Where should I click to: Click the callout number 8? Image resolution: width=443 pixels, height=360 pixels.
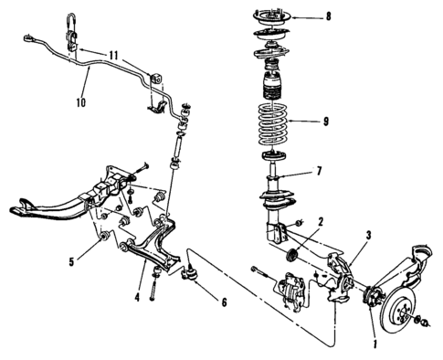pos(317,17)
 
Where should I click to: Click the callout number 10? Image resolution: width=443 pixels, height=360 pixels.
pos(80,102)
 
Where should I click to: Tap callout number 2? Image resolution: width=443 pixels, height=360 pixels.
pos(321,221)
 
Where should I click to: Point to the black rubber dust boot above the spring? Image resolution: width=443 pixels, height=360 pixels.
pos(271,89)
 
